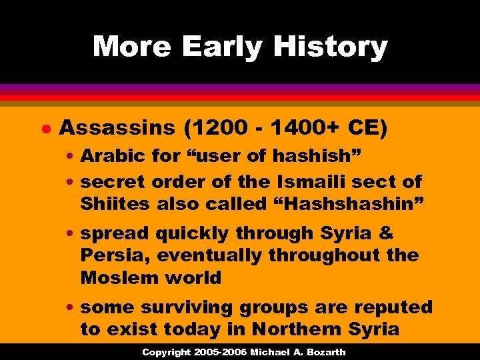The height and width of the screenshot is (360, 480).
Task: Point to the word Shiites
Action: [115, 203]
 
